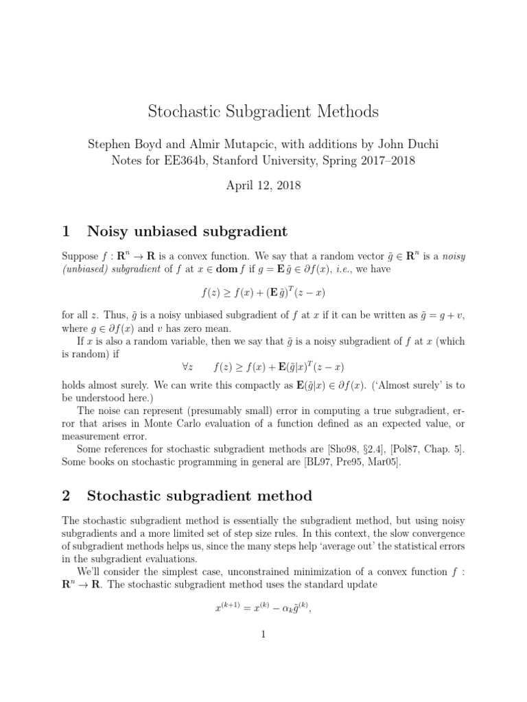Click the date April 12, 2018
pyautogui.click(x=263, y=185)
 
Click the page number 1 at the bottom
pyautogui.click(x=263, y=635)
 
